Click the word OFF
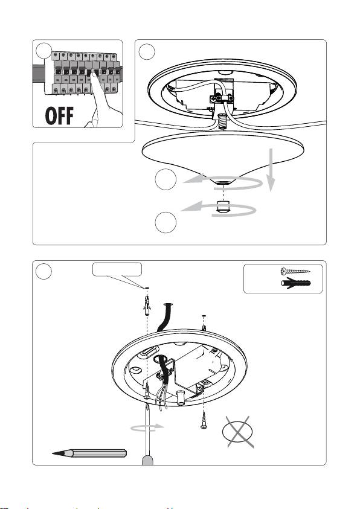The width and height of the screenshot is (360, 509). (59, 116)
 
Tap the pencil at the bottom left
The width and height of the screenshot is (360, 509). (89, 453)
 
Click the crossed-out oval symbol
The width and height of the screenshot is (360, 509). (238, 432)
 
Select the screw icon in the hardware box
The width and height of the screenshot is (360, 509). (295, 271)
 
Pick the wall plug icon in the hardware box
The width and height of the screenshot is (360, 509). (296, 283)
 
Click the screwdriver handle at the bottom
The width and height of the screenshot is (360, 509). (148, 461)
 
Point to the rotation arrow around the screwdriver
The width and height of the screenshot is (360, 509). (148, 427)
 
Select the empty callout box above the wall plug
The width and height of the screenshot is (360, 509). (117, 269)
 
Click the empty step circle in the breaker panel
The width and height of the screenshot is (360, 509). (44, 51)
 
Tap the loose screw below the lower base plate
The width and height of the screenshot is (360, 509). (204, 420)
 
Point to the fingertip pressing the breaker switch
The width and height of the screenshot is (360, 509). (94, 75)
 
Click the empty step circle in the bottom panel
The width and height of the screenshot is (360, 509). (44, 271)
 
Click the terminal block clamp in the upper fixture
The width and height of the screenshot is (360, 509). (222, 97)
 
